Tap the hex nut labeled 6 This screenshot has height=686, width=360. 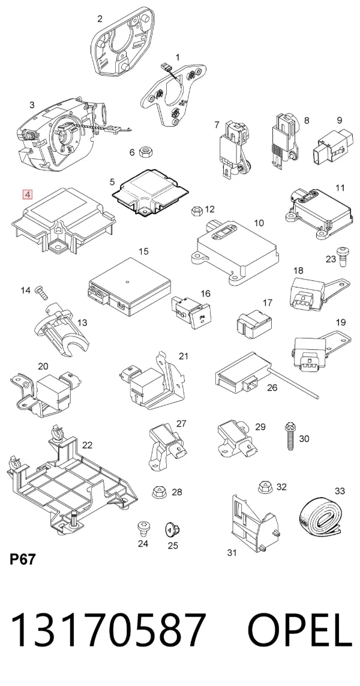(x=145, y=152)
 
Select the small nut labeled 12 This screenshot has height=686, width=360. (x=196, y=211)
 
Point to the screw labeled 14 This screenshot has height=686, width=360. (x=40, y=292)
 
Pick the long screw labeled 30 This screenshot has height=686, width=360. (x=290, y=436)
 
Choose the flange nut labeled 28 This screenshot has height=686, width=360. (x=159, y=492)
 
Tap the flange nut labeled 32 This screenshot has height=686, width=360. (x=266, y=486)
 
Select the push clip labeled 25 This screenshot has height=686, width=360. (x=172, y=530)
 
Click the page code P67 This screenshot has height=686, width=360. (x=22, y=559)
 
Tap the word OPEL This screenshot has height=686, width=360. (x=300, y=630)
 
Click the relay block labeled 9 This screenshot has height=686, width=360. (x=332, y=145)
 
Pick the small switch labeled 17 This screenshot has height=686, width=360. (x=254, y=325)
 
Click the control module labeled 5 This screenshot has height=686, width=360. (x=150, y=192)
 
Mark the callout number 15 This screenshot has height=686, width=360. (x=143, y=251)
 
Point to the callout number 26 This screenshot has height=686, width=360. (x=272, y=388)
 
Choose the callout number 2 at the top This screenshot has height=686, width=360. (x=100, y=19)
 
